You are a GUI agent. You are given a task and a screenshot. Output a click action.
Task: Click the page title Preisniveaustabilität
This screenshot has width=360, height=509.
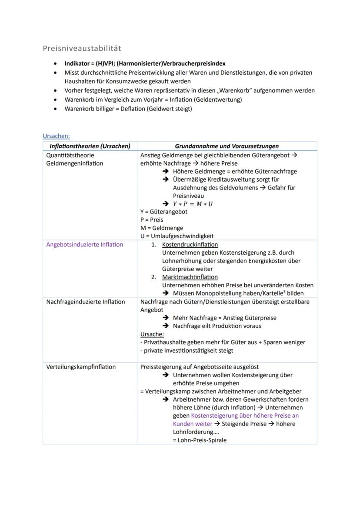(x=82, y=48)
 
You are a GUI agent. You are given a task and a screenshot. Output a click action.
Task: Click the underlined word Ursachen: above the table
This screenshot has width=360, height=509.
(x=56, y=136)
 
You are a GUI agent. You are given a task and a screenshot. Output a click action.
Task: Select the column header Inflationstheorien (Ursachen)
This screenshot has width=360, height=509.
(x=90, y=146)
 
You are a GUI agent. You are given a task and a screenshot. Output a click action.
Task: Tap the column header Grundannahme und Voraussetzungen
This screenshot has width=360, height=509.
(x=227, y=146)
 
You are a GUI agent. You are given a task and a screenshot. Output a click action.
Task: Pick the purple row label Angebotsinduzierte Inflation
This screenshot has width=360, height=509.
(x=84, y=245)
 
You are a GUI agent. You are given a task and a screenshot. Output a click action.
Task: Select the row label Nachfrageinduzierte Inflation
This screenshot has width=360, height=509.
(x=85, y=302)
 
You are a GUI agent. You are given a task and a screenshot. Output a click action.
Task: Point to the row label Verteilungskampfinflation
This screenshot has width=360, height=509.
(x=81, y=367)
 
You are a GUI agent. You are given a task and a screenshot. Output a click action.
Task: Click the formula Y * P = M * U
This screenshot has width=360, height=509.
(x=193, y=204)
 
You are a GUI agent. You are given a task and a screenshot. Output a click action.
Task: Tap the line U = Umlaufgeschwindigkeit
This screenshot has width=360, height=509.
(x=177, y=236)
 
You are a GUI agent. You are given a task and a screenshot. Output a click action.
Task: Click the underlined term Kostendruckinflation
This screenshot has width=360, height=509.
(x=190, y=245)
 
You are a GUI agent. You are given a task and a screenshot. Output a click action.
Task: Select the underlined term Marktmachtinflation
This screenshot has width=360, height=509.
(x=190, y=277)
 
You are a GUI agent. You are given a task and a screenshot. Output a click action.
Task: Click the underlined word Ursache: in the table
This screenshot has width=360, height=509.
(x=152, y=334)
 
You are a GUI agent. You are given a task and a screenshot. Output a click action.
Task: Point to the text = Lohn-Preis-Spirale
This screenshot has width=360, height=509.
(x=200, y=440)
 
